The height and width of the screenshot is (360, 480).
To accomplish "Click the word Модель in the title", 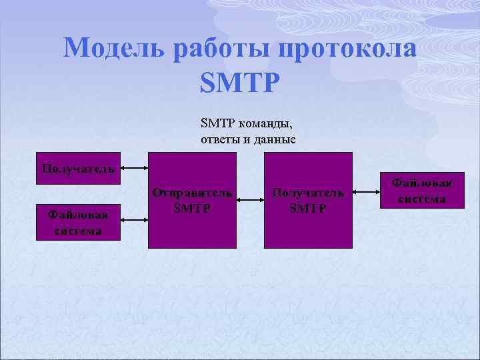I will pyautogui.click(x=113, y=49).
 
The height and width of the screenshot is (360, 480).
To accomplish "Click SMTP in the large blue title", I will pyautogui.click(x=240, y=83).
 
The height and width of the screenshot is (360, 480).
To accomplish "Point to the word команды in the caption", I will pyautogui.click(x=261, y=123).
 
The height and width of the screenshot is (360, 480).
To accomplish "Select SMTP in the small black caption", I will pyautogui.click(x=213, y=123).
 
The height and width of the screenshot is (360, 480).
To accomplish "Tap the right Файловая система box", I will pyautogui.click(x=421, y=190).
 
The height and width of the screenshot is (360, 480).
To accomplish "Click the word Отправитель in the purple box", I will pyautogui.click(x=192, y=193).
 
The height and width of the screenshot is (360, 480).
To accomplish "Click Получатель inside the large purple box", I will pyautogui.click(x=308, y=193).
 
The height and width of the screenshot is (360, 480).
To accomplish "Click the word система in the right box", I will pyautogui.click(x=421, y=199).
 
